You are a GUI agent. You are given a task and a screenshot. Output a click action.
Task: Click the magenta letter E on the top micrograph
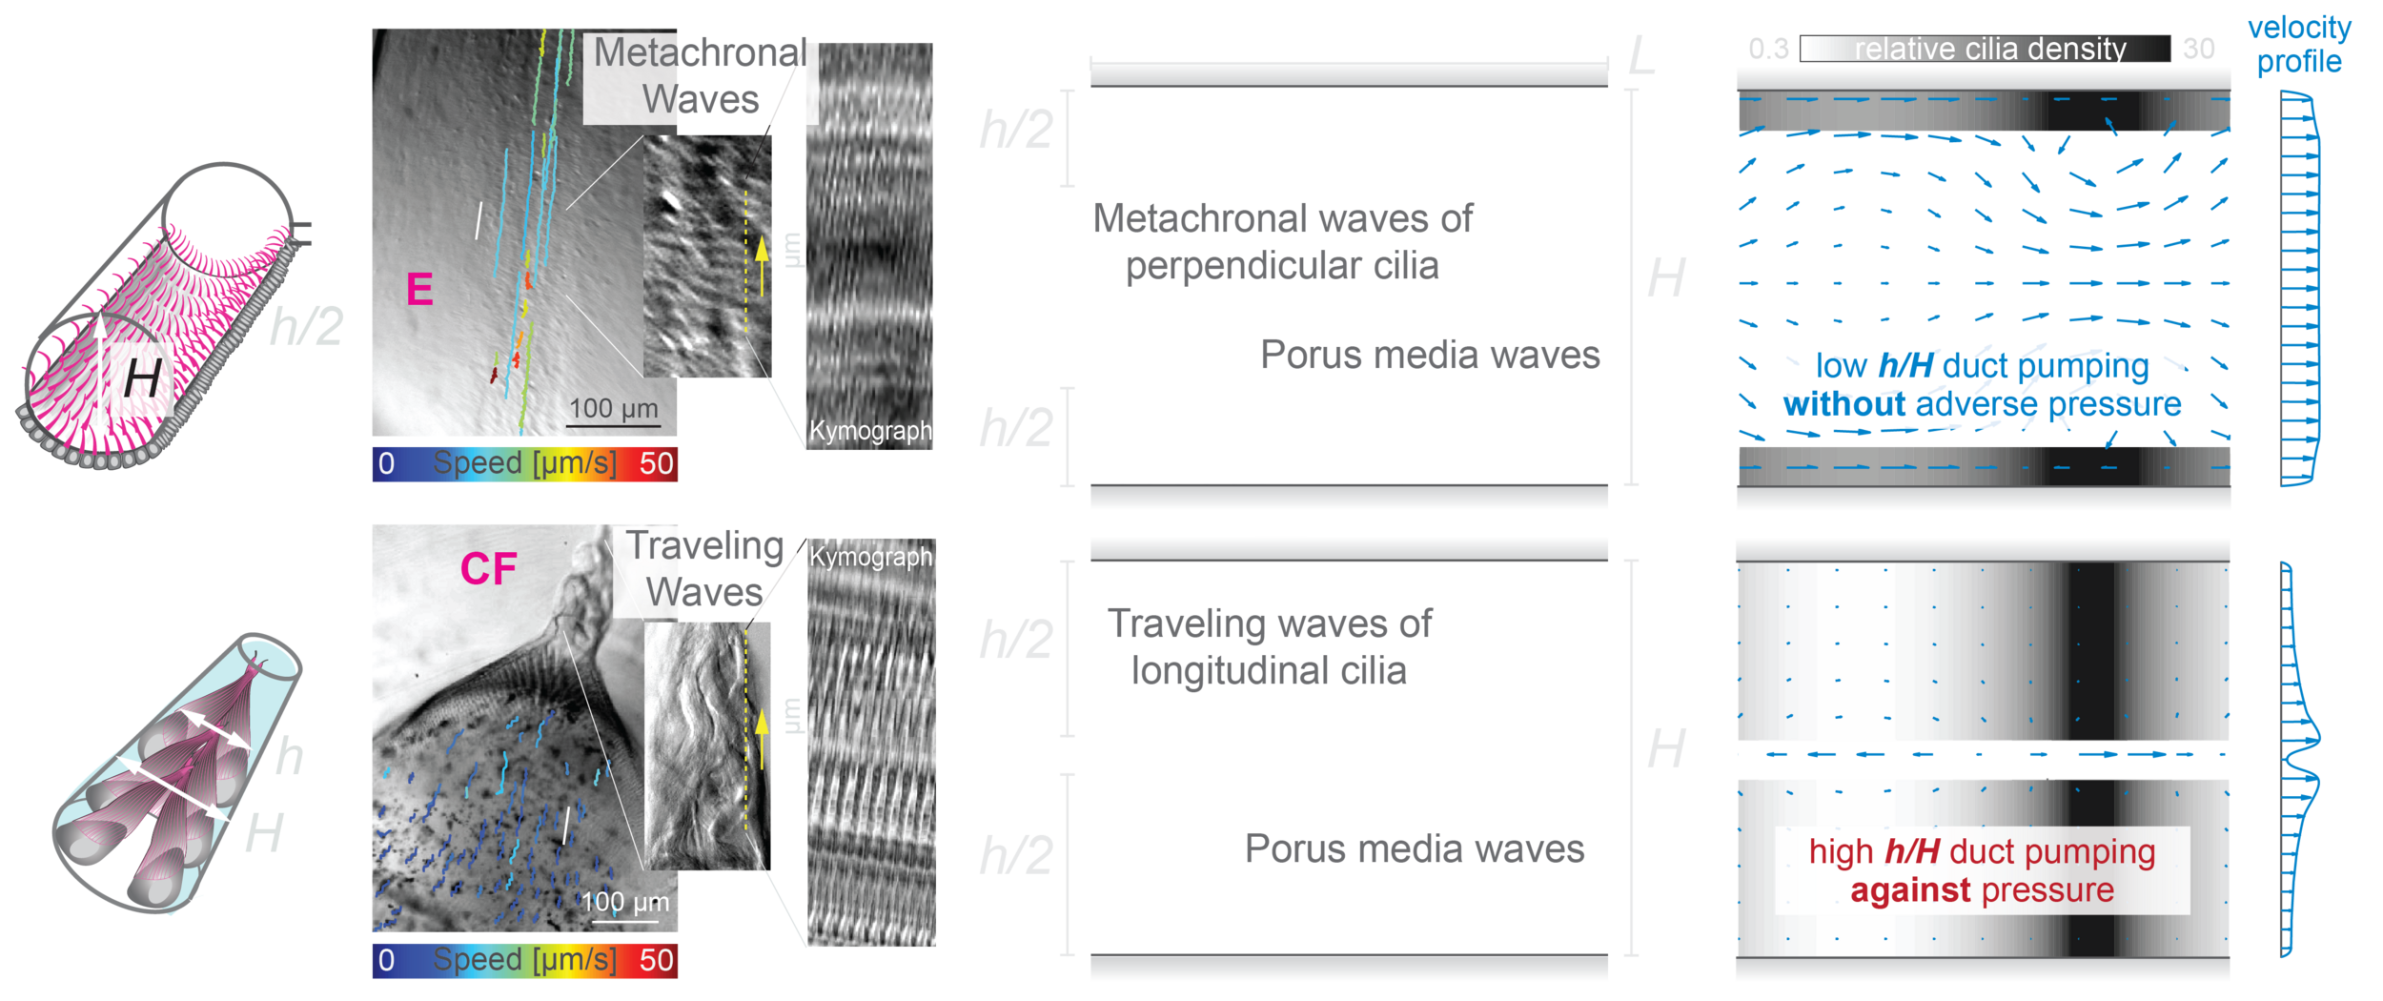[419, 289]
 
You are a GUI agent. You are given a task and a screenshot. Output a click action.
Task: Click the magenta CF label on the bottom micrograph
[488, 569]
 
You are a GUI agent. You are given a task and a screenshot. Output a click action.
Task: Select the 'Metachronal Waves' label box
[701, 76]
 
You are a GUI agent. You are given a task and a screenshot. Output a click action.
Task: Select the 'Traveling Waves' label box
[704, 569]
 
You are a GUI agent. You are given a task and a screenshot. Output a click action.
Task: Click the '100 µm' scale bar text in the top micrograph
[613, 408]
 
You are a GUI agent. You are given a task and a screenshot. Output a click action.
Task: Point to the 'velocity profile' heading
[2299, 45]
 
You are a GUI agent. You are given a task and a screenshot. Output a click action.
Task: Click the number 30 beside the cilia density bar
[2198, 48]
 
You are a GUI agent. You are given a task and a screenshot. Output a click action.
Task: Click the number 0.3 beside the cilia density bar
[1768, 48]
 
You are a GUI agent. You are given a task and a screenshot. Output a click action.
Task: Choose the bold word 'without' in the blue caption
[1844, 404]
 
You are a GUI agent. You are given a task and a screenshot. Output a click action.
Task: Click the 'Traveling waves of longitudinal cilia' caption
[1268, 647]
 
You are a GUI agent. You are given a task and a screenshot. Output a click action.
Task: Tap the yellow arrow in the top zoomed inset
[761, 264]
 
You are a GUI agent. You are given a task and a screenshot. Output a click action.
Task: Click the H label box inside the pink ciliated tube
[142, 378]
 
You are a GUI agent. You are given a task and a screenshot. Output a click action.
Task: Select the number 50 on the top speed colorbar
[656, 464]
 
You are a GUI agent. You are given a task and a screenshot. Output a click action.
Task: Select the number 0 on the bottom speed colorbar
[386, 960]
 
